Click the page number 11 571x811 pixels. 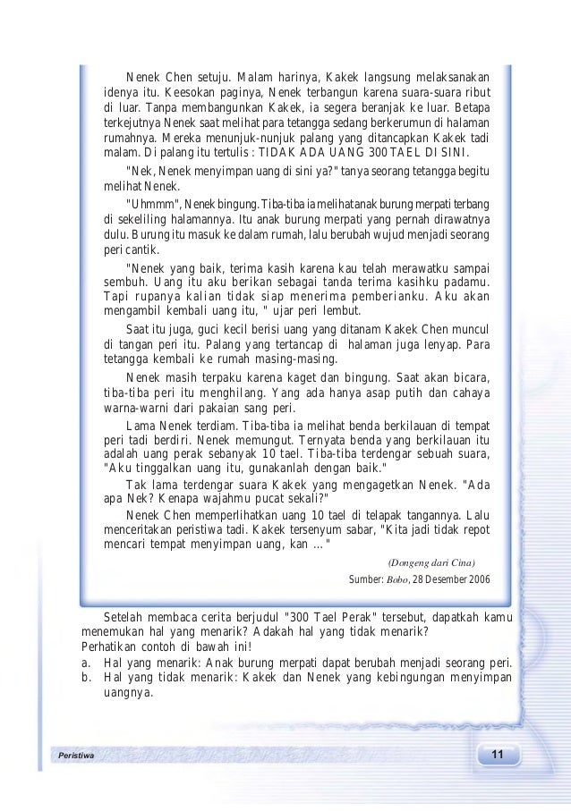497,756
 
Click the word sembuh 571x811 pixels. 125,282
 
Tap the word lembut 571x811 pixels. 340,311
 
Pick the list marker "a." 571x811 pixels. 87,663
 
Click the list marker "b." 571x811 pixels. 87,678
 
